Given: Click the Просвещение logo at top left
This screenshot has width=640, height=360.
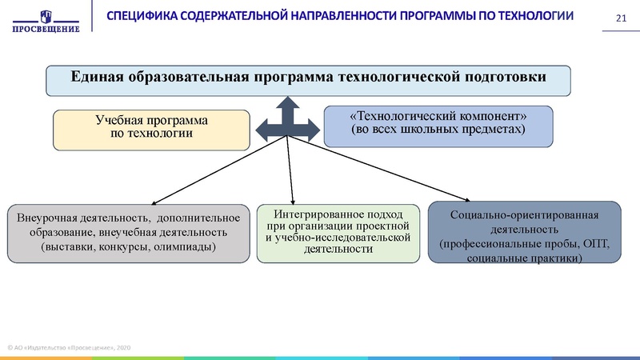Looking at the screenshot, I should point(46,21).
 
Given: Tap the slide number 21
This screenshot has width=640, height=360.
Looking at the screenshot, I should point(618,19).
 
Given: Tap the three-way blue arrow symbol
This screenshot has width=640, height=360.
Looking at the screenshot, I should point(286,121).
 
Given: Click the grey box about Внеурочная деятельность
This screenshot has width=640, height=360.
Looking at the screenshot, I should point(128,232).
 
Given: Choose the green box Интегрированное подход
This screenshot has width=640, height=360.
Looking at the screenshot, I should point(337,232).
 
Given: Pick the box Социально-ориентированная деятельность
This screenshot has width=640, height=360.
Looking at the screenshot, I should point(524,232).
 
